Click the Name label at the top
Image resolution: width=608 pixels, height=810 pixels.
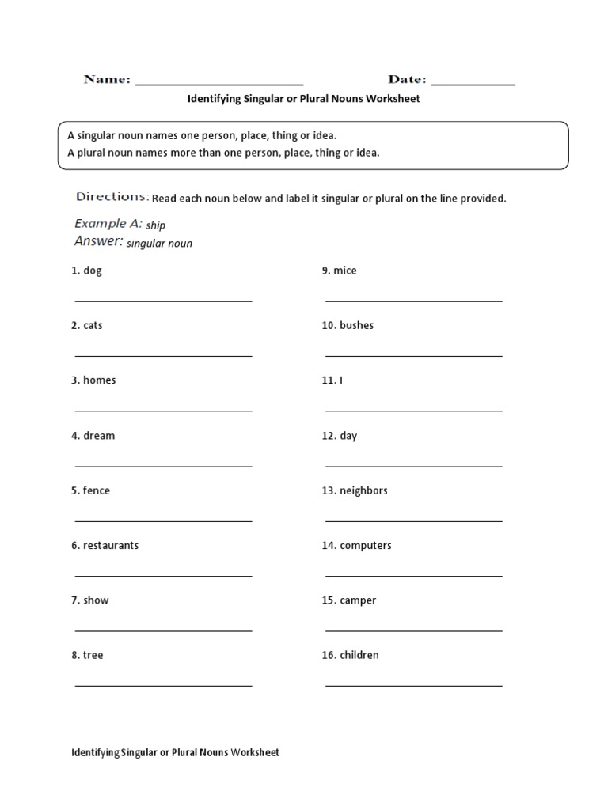tap(107, 79)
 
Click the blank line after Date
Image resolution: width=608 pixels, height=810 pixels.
tap(473, 82)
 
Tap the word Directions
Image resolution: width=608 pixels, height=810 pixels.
tap(112, 196)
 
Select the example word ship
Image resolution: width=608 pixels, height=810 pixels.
tap(155, 225)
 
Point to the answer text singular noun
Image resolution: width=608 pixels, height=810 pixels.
tap(159, 244)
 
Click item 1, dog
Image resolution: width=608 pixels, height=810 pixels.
tap(93, 271)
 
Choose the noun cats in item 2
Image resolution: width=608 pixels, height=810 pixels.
tap(93, 325)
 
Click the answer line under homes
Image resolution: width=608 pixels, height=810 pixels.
tap(163, 411)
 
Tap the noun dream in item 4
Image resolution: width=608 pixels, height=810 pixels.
tap(99, 435)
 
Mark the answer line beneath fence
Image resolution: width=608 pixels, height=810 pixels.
tap(163, 520)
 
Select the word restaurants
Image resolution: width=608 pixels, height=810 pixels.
tap(111, 545)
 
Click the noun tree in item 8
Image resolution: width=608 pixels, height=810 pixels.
tap(93, 655)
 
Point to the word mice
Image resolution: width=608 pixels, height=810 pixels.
tap(345, 271)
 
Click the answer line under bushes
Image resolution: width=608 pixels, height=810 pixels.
tap(413, 356)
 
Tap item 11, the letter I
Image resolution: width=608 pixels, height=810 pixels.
tap(341, 380)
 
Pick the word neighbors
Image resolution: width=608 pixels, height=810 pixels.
tap(363, 490)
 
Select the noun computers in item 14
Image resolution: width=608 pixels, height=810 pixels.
tap(366, 545)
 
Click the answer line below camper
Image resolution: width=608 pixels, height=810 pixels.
tap(413, 630)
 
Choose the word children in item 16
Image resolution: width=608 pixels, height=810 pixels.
tap(359, 655)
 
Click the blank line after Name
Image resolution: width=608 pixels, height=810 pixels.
tap(219, 82)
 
